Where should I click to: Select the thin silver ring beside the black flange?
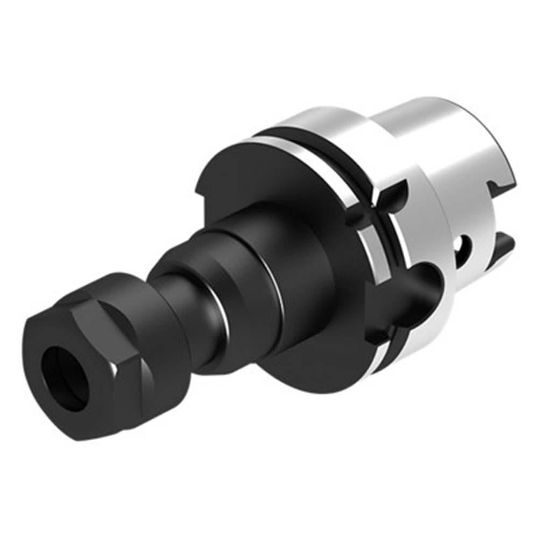tap(371, 253)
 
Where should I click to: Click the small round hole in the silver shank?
tap(464, 245)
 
